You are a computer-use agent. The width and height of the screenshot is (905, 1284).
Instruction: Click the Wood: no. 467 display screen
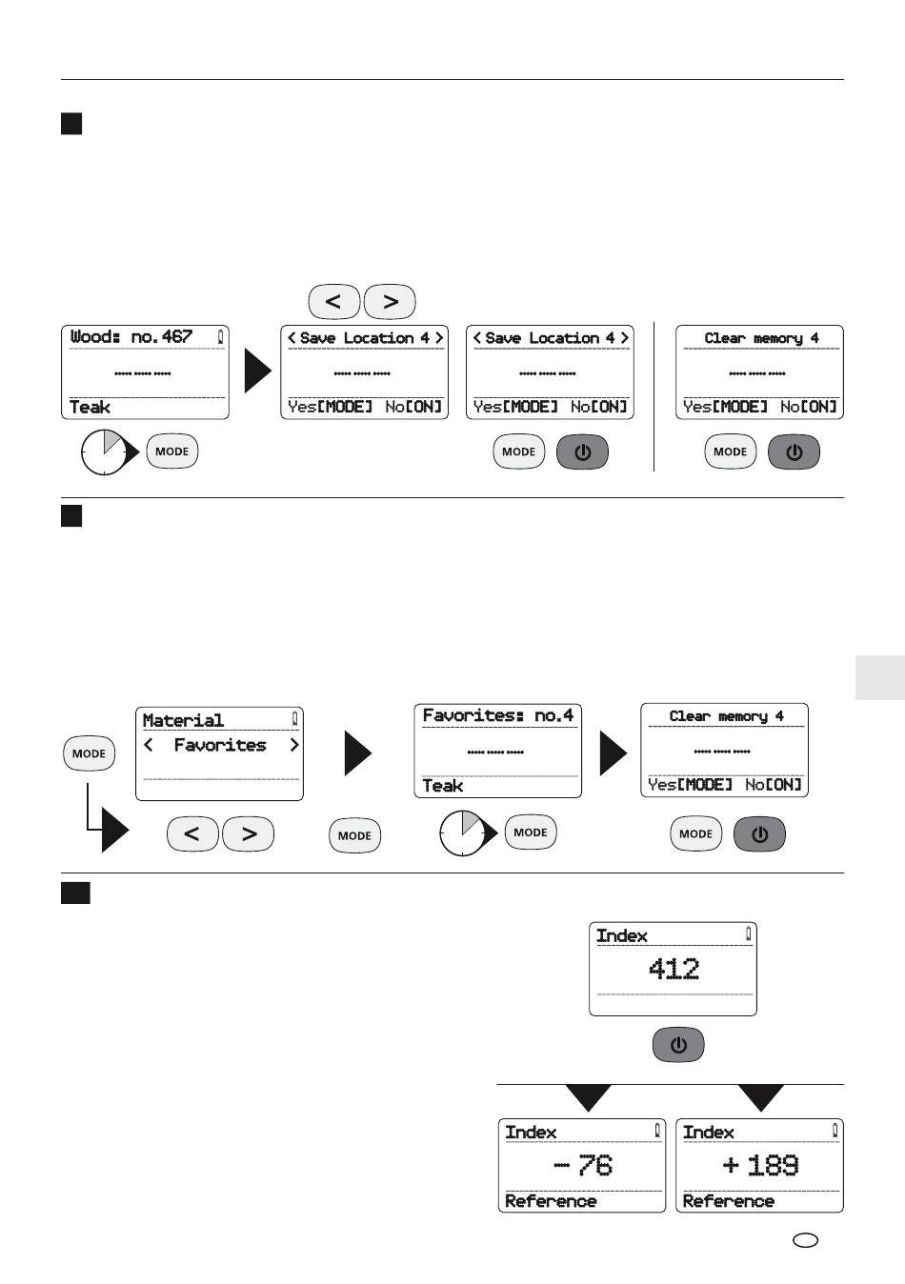coord(145,372)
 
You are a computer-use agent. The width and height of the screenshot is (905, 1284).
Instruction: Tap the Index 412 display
coord(673,970)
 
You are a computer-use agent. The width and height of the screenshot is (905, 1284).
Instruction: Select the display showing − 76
coord(582,1165)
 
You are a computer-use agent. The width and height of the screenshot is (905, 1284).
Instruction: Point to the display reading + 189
coord(759,1165)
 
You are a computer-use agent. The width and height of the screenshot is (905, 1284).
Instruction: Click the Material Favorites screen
coord(219,753)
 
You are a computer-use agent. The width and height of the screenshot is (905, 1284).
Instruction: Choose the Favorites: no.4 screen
coord(498,751)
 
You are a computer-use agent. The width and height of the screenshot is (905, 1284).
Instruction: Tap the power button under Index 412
coord(678,1044)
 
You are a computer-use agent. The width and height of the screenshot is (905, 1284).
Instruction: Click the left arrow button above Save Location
coord(334,302)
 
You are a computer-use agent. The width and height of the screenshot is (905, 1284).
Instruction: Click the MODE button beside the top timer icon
coord(171,451)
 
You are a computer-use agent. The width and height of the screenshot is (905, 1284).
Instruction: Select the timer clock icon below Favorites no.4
coord(463,833)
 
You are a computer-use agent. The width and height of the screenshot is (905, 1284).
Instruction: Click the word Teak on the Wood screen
coord(90,408)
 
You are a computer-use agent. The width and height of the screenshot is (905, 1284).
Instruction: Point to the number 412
coord(674,970)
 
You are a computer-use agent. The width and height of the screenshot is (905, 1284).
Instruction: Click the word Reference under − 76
coord(551,1201)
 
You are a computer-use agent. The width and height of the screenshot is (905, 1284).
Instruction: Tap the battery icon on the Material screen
coord(294,719)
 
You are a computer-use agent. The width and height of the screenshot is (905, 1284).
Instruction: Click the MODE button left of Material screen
coord(89,753)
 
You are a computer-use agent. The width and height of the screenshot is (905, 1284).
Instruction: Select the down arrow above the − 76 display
coord(588,1097)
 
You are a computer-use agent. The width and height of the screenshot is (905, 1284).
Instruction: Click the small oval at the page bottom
coord(805,1240)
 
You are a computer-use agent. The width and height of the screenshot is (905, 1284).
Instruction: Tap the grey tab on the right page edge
coord(880,677)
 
